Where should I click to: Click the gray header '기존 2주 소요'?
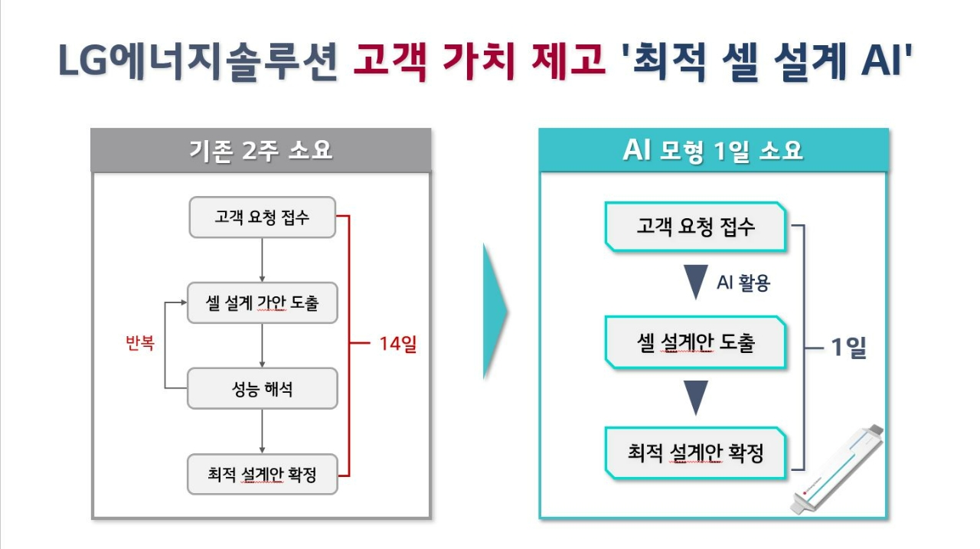pos(261,150)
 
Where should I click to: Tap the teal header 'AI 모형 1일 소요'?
pos(714,150)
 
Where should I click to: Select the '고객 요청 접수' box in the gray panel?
pos(263,217)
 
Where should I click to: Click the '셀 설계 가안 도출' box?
pos(263,302)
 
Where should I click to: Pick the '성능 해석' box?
pos(263,388)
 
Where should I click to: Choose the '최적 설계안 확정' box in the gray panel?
pos(263,474)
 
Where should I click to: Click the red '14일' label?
pos(397,343)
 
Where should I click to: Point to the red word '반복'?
pos(140,342)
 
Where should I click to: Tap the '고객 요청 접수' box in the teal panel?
pos(696,227)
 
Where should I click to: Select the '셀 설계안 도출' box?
pos(696,342)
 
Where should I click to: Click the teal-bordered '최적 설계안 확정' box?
pos(696,453)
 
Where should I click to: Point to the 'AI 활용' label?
pos(743,283)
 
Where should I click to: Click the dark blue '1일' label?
pos(848,348)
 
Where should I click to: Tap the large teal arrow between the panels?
pos(495,312)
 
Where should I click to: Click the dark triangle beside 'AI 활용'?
pos(696,282)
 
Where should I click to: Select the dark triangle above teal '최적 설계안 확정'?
pos(696,397)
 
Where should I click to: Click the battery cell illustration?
pos(837,469)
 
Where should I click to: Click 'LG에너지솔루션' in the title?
pos(198,61)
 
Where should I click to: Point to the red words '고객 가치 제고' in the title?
pos(479,61)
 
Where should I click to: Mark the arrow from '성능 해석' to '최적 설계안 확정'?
pos(262,431)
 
